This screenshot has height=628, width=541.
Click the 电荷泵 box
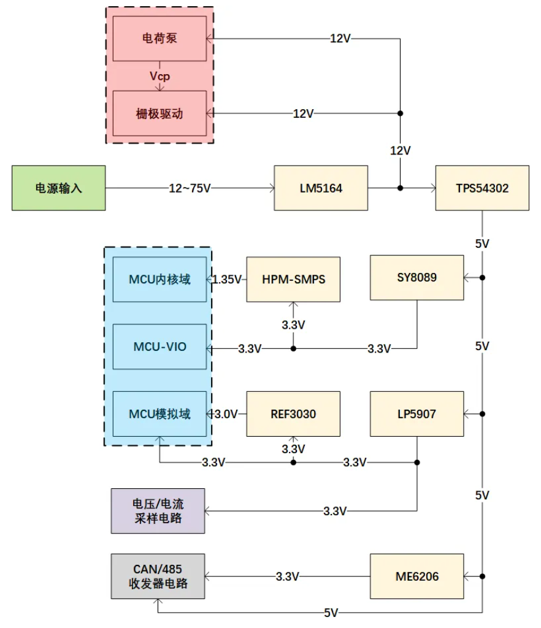(159, 39)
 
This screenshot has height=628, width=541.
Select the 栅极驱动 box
(159, 113)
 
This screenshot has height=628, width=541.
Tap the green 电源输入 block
(58, 188)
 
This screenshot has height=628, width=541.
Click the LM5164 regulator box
(321, 188)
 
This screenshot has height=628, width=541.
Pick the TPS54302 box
(482, 188)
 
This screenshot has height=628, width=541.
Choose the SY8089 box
(416, 278)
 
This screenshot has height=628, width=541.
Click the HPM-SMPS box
(293, 280)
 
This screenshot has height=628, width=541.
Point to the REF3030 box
(293, 414)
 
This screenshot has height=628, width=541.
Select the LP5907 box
(416, 414)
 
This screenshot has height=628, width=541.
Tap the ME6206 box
(416, 576)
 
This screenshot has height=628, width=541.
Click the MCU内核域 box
(159, 280)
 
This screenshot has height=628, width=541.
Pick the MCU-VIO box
(159, 347)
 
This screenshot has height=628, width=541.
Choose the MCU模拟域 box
(159, 414)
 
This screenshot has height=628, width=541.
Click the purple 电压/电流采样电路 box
(158, 511)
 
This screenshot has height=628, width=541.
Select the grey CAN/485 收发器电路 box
(158, 576)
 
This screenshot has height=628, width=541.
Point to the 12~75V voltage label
(190, 188)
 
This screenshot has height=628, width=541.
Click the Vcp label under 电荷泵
(159, 76)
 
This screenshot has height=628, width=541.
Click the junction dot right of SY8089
(482, 278)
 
